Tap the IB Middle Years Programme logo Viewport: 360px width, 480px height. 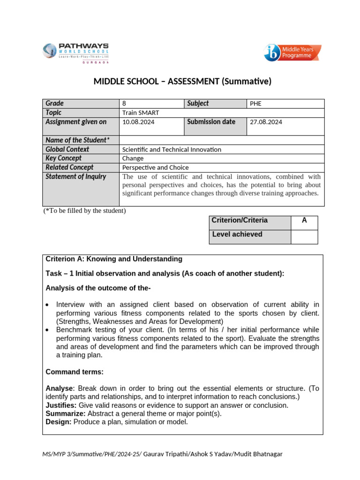point(292,53)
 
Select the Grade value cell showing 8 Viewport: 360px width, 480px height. point(151,104)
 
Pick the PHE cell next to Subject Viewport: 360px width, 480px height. point(285,104)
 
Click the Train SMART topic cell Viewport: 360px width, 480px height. point(221,113)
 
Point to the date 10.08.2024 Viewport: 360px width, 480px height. point(138,122)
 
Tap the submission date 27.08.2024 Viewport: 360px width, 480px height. point(266,122)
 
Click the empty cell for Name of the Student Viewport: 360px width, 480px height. point(221,140)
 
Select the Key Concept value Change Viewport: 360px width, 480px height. point(133,158)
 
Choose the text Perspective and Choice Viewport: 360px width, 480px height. point(155,167)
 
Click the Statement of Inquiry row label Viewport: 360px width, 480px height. point(76,177)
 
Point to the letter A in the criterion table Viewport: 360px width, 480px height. point(304,220)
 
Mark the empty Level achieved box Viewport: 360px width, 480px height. point(304,237)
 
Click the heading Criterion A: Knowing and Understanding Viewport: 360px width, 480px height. point(114,259)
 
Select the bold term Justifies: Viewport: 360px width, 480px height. point(61,405)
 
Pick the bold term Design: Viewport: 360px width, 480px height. point(59,422)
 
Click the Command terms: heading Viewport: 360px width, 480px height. point(75,372)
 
